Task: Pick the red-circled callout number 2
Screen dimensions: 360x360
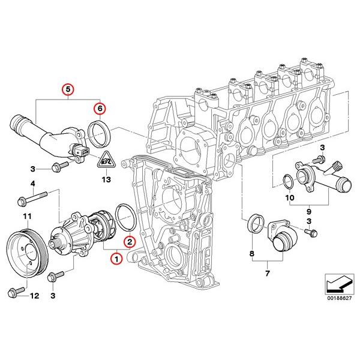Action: pyautogui.click(x=130, y=242)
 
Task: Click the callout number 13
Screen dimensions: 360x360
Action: pyautogui.click(x=106, y=179)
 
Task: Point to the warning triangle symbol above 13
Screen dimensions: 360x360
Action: pyautogui.click(x=106, y=160)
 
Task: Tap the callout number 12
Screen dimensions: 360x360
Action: pyautogui.click(x=34, y=295)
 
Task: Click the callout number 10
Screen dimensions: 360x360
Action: pyautogui.click(x=289, y=197)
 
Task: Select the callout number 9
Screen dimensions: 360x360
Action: pyautogui.click(x=310, y=211)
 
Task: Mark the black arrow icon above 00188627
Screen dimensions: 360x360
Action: pyautogui.click(x=338, y=281)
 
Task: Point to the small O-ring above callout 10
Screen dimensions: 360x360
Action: pyautogui.click(x=287, y=181)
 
